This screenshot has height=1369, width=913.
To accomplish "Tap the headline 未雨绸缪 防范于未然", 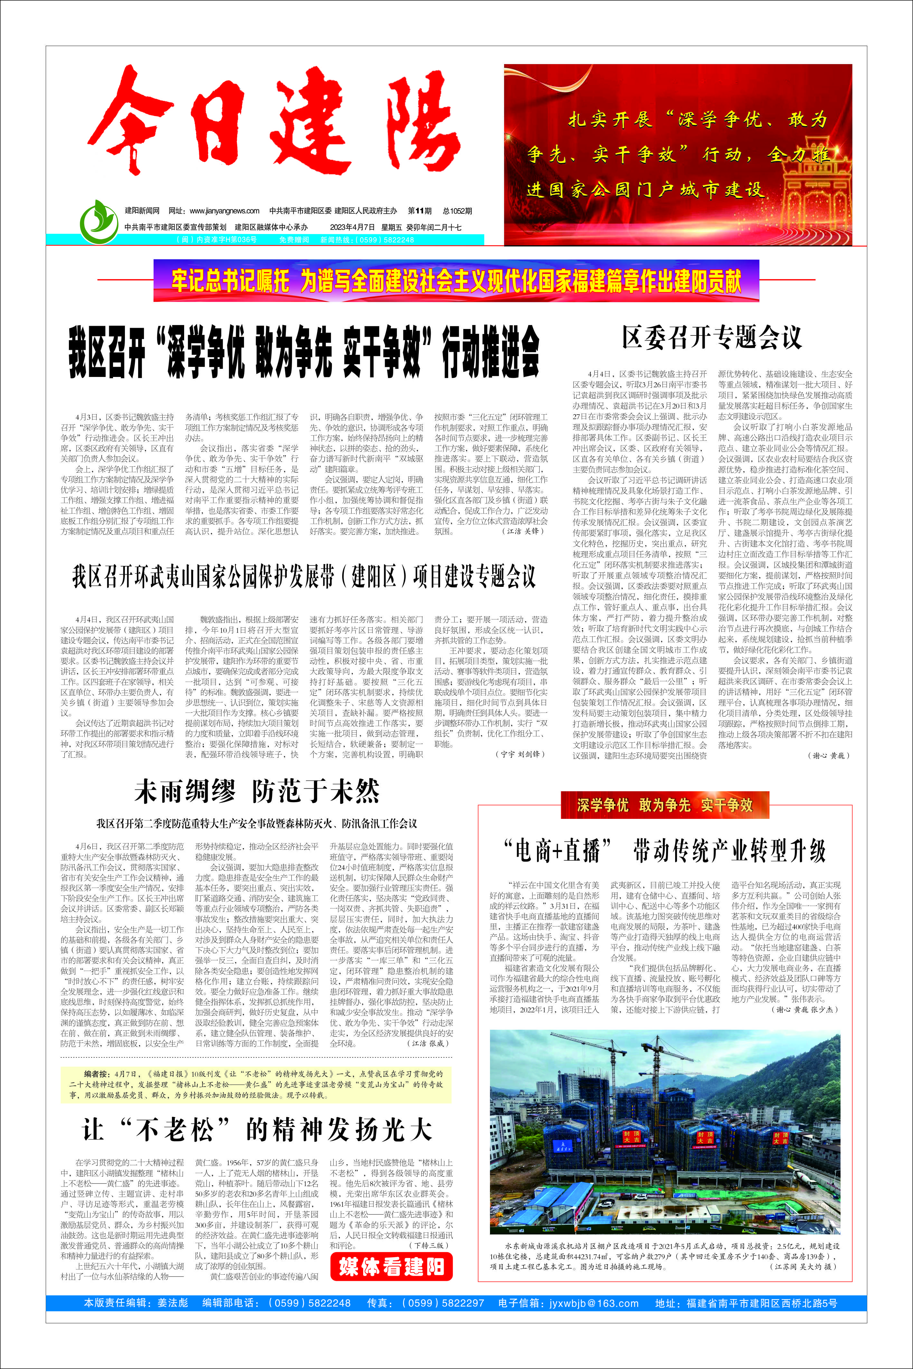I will point(257,792).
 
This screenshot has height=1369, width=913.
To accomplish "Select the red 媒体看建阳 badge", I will point(391,1266).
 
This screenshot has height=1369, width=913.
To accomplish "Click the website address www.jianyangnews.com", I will point(224,211).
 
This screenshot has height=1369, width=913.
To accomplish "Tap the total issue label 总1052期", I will point(457,211).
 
